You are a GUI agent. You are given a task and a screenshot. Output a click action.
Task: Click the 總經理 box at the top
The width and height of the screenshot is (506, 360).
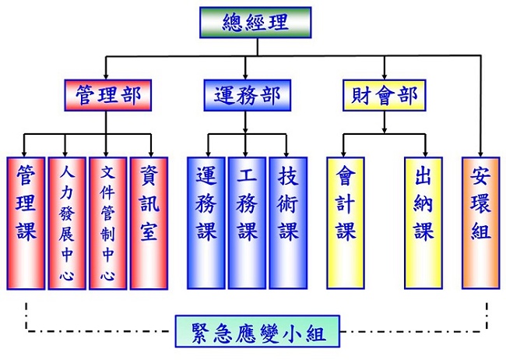[x=255, y=22]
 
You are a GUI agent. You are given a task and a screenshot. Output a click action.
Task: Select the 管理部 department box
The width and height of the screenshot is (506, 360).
[x=108, y=97]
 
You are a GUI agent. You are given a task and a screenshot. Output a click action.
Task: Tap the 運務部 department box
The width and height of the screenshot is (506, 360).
[x=246, y=97]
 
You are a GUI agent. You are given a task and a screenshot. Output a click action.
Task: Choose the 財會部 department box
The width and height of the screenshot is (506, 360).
[x=384, y=97]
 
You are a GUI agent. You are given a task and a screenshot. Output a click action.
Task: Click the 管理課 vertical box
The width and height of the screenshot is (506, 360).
[x=26, y=222]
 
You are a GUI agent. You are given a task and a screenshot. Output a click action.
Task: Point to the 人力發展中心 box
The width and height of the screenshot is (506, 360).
[x=67, y=222]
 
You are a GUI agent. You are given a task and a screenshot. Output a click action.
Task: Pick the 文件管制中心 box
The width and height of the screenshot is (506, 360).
[x=107, y=222]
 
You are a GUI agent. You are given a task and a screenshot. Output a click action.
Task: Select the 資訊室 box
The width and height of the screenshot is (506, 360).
[x=149, y=222]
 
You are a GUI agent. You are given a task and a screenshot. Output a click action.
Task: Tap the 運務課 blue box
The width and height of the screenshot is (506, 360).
[x=206, y=222]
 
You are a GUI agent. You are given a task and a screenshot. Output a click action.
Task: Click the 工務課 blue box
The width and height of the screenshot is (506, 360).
[x=247, y=222]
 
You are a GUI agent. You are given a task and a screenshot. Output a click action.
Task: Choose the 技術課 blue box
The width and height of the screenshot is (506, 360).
[x=287, y=222]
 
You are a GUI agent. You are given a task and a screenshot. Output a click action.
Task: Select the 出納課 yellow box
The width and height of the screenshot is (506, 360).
[x=423, y=222]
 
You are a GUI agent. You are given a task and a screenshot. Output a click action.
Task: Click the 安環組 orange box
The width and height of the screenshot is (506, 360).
[x=480, y=222]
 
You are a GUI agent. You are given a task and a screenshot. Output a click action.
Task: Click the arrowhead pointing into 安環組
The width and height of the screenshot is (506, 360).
[x=480, y=153]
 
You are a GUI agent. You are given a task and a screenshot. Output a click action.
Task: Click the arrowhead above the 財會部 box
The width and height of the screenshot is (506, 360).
[x=384, y=73]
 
